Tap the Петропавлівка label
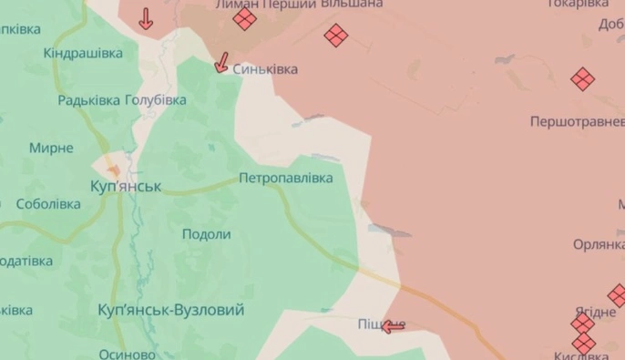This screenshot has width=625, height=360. click(286, 178)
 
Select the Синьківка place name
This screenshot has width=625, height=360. click(265, 69)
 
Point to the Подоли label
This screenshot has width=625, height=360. click(206, 234)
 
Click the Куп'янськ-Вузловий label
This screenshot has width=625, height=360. click(170, 311)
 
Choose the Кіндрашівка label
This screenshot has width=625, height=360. click(83, 53)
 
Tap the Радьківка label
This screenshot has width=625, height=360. click(88, 100)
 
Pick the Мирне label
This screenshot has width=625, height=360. click(51, 148)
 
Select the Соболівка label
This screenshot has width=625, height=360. click(48, 204)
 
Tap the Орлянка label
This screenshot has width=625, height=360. click(599, 244)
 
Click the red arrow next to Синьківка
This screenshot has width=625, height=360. click(220, 62)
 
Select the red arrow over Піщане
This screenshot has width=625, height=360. click(393, 325)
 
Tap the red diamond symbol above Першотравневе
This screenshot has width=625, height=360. click(582, 79)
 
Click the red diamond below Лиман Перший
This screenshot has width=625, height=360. click(244, 20)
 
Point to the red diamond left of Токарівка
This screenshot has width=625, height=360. click(336, 36)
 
